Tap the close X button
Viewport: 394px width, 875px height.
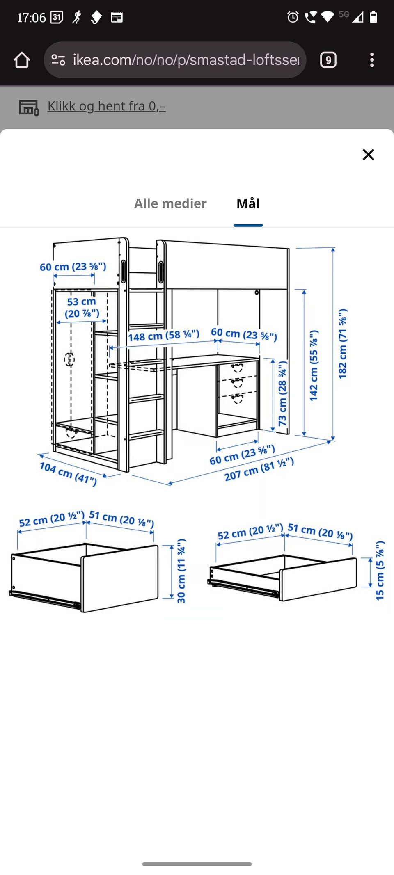(368, 155)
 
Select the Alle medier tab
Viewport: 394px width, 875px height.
(170, 203)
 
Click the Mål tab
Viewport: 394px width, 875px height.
(248, 203)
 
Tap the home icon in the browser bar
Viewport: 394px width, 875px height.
(22, 60)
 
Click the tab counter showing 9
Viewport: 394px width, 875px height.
(328, 60)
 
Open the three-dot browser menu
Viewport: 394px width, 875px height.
(372, 60)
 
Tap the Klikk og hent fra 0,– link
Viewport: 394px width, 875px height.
(106, 106)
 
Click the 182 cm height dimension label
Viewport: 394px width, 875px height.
(342, 344)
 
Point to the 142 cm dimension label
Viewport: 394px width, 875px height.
(314, 365)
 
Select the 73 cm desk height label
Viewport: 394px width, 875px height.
(282, 393)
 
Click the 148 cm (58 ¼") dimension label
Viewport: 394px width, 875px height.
(164, 335)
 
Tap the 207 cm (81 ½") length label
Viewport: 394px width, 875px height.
(259, 469)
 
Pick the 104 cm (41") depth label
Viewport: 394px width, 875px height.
(68, 473)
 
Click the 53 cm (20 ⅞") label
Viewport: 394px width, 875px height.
(82, 308)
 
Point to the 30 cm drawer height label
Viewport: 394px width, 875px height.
(181, 571)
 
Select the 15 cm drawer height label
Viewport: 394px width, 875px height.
(380, 570)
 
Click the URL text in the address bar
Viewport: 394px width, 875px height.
(186, 60)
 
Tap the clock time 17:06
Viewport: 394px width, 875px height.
(31, 18)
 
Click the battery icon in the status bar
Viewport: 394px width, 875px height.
(373, 17)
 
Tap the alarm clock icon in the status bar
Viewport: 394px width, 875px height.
(293, 17)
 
